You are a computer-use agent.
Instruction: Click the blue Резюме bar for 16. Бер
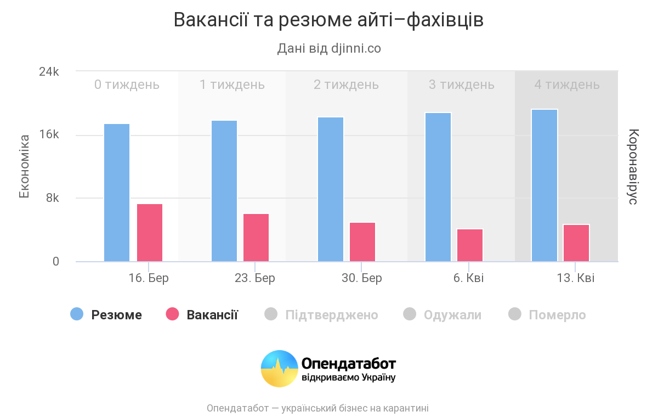117,193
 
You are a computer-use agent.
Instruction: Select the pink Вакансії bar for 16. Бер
150,233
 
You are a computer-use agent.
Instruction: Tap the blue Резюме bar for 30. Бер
331,189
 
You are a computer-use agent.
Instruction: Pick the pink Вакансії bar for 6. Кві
470,245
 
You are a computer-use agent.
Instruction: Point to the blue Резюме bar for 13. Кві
544,185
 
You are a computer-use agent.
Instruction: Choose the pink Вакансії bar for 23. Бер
256,238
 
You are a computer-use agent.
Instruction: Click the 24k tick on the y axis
49,72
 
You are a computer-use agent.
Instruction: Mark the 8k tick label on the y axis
52,198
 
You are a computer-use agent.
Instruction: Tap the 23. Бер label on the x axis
255,278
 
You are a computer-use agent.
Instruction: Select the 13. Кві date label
575,278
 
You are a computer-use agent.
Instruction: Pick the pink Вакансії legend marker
172,314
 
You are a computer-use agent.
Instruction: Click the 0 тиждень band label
127,84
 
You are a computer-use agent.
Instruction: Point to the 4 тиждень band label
567,84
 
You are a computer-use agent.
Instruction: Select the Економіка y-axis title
24,166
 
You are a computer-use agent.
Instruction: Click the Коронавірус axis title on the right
633,166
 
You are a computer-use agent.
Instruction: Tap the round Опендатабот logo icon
279,368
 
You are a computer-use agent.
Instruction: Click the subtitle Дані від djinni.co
329,48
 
